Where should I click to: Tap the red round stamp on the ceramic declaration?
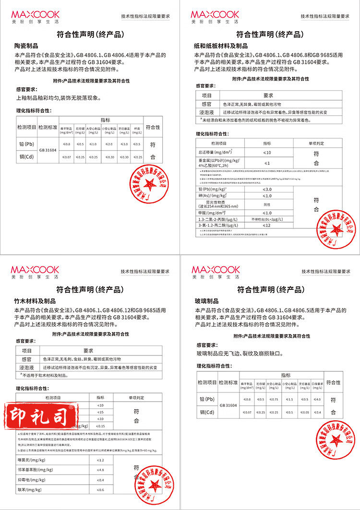tap(148, 185)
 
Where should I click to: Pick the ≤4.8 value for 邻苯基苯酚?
tap(100, 470)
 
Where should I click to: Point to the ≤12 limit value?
tap(267, 225)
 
